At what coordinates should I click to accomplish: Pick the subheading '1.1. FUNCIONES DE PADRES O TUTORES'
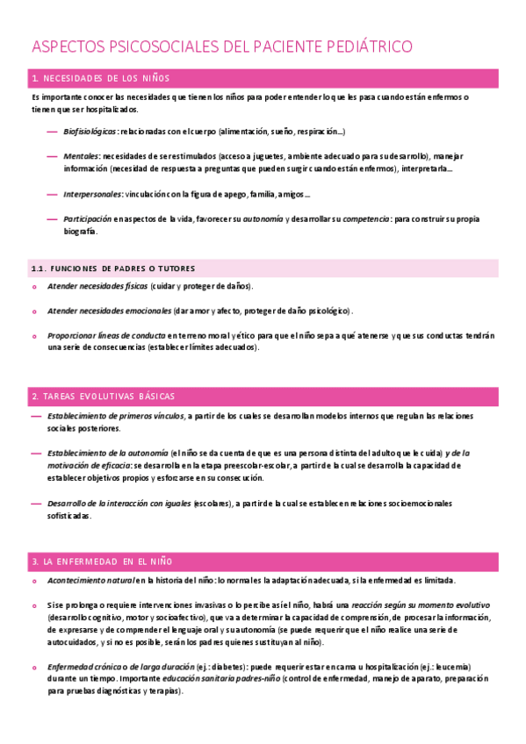112,268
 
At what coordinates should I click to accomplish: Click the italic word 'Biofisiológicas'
90,132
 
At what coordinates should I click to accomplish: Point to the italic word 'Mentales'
81,156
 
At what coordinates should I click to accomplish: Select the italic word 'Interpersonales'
91,194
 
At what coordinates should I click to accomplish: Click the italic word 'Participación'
87,218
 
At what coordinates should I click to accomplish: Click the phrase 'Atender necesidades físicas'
97,286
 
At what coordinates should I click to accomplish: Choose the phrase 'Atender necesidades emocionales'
110,311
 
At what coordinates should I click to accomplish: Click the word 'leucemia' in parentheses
447,666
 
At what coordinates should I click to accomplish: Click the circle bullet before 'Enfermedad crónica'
34,667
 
